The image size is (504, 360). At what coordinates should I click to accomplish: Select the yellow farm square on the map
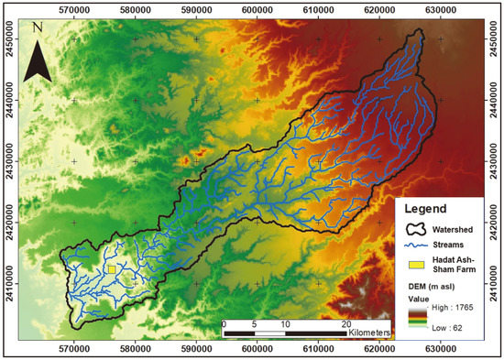111,269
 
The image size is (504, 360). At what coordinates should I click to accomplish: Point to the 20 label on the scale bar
346,324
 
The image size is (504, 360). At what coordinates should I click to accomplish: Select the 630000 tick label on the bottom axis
441,348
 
